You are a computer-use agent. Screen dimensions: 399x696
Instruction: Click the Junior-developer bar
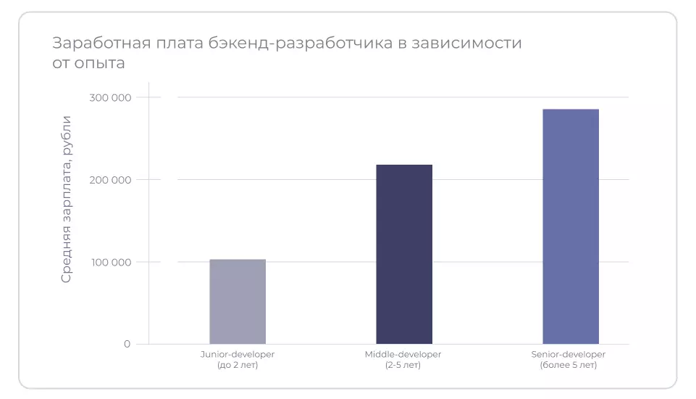pos(238,301)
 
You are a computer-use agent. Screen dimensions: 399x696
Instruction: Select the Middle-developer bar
pos(404,254)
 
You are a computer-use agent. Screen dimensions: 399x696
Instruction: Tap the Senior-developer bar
pos(571,226)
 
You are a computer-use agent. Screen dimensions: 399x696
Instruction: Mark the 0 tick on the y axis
pos(127,344)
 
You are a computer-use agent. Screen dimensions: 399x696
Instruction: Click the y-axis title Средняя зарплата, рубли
pos(66,199)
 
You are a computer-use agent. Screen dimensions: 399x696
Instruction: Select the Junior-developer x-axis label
pos(238,354)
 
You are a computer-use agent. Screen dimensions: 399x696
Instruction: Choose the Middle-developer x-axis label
pos(404,354)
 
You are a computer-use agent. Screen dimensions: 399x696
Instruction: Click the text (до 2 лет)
pos(238,365)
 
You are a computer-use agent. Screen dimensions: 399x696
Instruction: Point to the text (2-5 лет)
pos(403,365)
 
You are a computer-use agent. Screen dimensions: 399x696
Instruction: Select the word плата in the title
pos(174,43)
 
